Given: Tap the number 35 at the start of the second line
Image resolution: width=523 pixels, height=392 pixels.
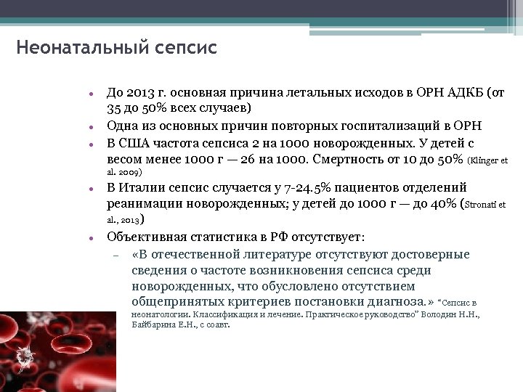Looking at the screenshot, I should [x=114, y=109].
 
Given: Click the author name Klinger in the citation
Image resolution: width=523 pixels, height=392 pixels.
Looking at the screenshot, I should [x=487, y=159].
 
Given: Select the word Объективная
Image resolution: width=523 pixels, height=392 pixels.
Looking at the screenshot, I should [x=147, y=237].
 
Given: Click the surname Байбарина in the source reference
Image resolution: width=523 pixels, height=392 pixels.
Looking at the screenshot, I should [x=156, y=326].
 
